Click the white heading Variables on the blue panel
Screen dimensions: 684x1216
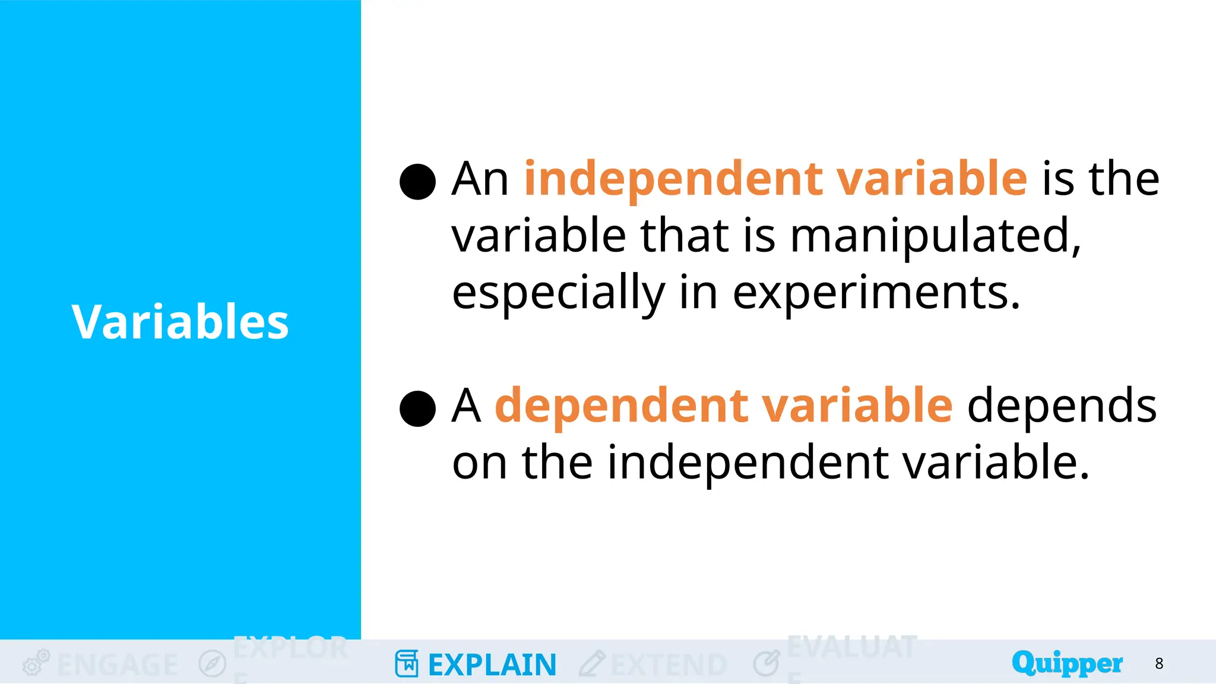(x=180, y=322)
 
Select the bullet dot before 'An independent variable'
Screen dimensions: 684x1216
(x=418, y=182)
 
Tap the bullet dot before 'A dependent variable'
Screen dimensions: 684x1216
(x=418, y=408)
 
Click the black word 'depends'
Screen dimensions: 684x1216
(x=1062, y=406)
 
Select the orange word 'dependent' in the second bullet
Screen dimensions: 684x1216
(x=620, y=406)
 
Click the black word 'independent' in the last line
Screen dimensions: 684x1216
(x=747, y=463)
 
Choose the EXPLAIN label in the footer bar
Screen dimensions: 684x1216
(x=492, y=665)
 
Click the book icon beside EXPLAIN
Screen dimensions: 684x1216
(x=407, y=663)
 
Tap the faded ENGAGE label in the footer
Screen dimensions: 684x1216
(x=118, y=665)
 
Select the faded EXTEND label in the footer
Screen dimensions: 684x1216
(x=669, y=665)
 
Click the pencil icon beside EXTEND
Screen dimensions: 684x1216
(x=592, y=663)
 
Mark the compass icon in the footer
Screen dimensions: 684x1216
(x=212, y=663)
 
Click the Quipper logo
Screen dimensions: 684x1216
(x=1067, y=663)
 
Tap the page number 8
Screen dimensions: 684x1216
(x=1159, y=663)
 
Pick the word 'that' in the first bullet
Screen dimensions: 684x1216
(x=684, y=236)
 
